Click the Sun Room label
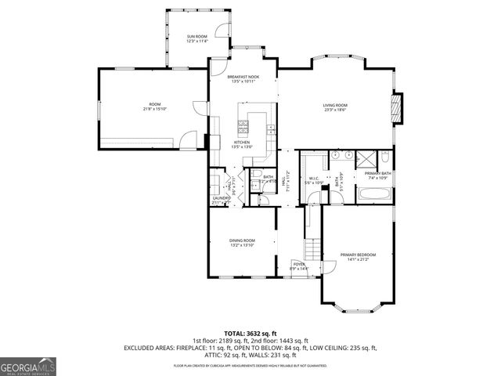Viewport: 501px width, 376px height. [196, 37]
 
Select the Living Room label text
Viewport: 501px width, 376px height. [336, 105]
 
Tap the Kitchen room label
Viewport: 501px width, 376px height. [241, 142]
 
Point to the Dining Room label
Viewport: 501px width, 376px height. [241, 240]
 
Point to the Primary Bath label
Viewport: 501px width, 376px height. [377, 173]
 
